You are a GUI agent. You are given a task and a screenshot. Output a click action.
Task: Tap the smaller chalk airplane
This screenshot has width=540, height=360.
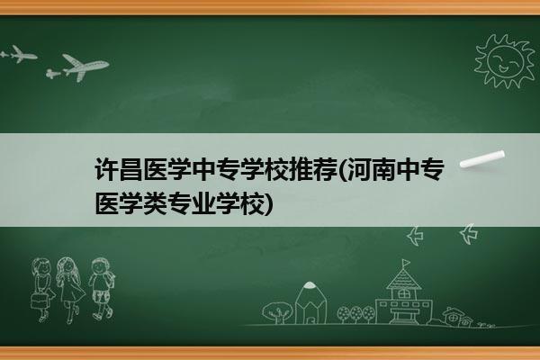[19, 54]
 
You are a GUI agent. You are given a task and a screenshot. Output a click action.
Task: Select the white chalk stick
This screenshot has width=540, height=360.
[482, 159]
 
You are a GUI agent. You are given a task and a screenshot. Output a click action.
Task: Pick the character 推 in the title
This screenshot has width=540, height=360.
[300, 169]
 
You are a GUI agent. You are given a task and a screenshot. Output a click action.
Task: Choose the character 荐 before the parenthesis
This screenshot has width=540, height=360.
[324, 169]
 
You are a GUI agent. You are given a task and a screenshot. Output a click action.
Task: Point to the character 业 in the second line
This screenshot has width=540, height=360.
[203, 204]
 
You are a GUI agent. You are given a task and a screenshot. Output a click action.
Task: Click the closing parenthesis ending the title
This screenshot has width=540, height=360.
[268, 204]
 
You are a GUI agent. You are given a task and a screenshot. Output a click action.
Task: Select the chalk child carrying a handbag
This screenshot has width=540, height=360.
[42, 290]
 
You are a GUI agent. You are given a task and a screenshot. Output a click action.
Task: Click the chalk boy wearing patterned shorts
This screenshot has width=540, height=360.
[102, 289]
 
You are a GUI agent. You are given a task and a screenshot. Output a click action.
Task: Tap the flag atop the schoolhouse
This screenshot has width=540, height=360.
[407, 263]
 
